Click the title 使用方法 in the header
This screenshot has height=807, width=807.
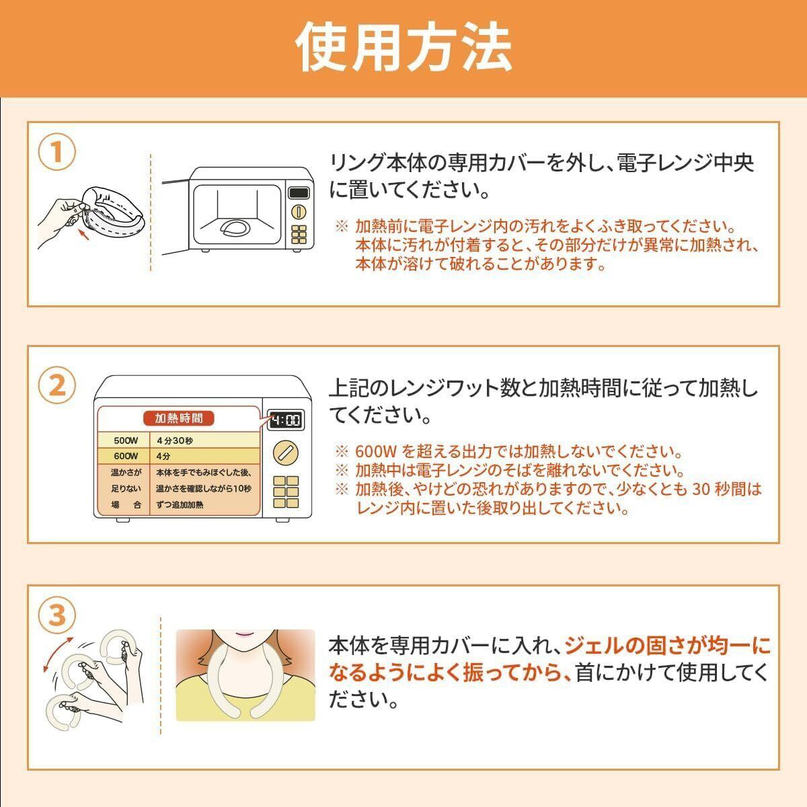pos(403,47)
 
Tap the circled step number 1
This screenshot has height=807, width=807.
pos(57,151)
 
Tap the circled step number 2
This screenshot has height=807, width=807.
pos(57,385)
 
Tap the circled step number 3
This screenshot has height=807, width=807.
pos(57,615)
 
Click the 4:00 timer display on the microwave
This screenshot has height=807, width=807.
pos(286,420)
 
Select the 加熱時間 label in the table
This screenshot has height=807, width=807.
pos(179,418)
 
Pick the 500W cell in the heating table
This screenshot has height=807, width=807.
pos(126,440)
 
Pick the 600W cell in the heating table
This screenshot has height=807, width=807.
pos(126,456)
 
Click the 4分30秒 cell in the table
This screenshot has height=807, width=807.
pos(175,440)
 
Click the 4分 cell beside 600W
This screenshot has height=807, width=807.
pos(163,456)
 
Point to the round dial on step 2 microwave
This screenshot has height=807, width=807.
pos(286,453)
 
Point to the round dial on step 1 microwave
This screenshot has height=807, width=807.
pos(299,211)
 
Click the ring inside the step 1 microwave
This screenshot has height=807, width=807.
pos(235,228)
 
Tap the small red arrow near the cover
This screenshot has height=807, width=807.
pos(84,233)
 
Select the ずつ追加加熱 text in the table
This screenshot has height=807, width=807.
pos(180,504)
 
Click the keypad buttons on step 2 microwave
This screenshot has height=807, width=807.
pos(286,492)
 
